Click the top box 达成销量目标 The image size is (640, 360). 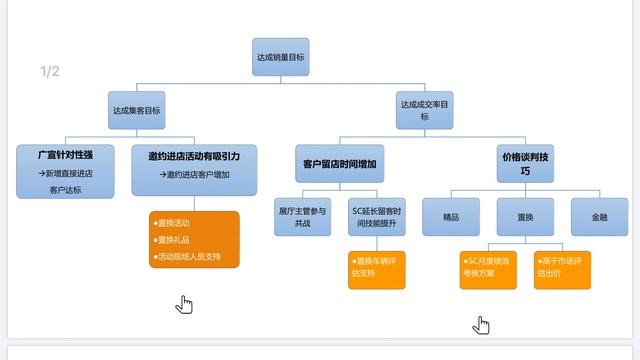coord(281,57)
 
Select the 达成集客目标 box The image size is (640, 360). coord(136,110)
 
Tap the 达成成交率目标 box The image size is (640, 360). coord(424,110)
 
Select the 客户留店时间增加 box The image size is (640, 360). coord(339,163)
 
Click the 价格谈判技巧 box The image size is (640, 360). coord(525,164)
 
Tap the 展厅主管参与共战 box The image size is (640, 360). coord(303,217)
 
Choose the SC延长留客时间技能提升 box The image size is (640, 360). coord(377,217)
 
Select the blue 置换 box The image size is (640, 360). coord(524,216)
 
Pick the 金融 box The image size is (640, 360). coord(598,216)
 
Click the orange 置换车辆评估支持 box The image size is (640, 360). coord(377,269)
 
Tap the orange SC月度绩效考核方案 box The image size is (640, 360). coord(488,268)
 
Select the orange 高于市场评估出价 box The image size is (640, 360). coord(559,268)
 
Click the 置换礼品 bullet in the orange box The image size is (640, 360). coord(175,240)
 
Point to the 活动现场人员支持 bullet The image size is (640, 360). coord(190,257)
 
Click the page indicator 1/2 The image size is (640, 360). coord(50,71)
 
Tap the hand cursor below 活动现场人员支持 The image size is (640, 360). coord(184,304)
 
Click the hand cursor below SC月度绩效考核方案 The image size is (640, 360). coord(482,324)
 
